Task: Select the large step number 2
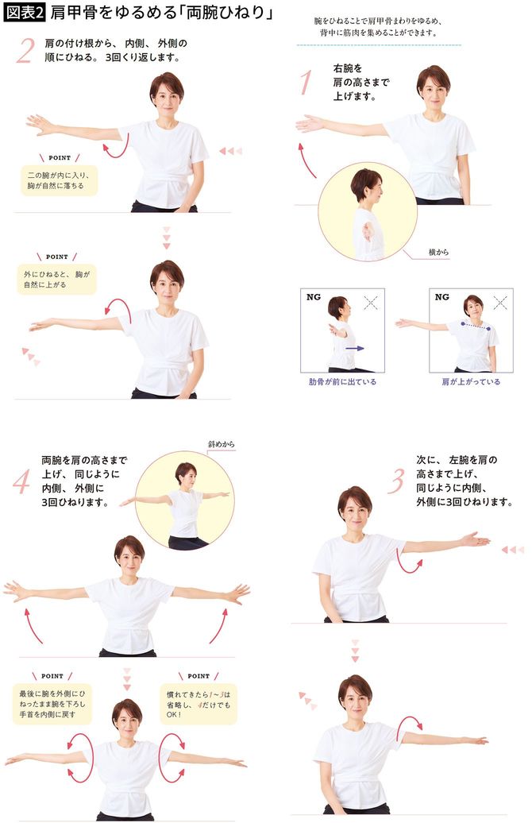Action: [x=25, y=51]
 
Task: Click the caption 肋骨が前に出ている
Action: [x=342, y=381]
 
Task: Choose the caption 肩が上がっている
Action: [x=471, y=381]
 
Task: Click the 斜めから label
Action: [x=222, y=444]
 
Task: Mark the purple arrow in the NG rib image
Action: [x=356, y=347]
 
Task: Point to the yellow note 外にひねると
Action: [x=56, y=280]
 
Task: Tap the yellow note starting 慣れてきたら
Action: [x=198, y=703]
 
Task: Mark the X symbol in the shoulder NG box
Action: [x=499, y=302]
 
